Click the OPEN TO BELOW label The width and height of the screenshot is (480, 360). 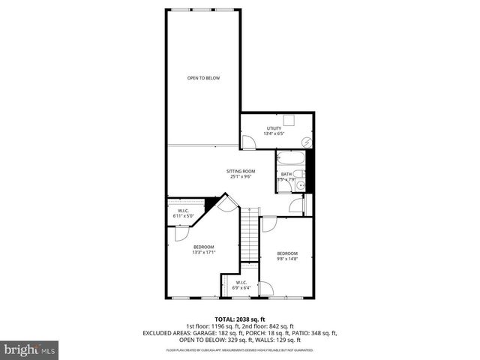[203, 78]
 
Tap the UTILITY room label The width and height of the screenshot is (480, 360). [273, 128]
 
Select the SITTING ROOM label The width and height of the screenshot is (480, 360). [241, 171]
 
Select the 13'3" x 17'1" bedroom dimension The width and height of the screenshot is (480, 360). [203, 253]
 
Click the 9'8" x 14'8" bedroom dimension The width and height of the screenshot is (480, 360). [287, 259]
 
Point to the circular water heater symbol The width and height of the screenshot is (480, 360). [306, 142]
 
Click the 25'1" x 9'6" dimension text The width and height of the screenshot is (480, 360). [241, 177]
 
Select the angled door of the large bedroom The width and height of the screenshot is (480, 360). [231, 202]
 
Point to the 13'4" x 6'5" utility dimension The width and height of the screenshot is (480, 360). [273, 134]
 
